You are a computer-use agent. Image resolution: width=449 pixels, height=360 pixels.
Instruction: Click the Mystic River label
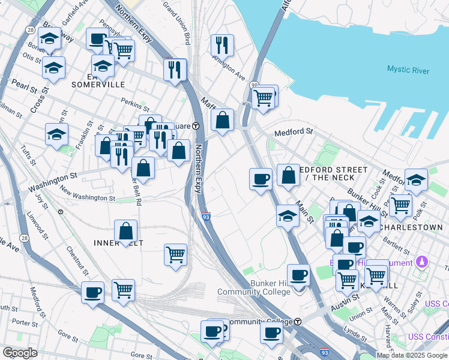(408, 70)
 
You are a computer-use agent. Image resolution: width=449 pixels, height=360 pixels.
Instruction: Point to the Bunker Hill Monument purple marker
(423, 262)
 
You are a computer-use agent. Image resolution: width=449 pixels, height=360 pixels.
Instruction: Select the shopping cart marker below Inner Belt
(175, 254)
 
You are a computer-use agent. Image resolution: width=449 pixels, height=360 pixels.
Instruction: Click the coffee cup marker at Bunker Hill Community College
(298, 275)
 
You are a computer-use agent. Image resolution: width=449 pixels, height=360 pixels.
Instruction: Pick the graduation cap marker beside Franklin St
(56, 134)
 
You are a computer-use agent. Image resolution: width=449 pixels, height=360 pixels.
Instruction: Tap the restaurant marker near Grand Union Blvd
(222, 44)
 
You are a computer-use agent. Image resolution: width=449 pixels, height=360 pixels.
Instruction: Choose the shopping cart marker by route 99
(262, 98)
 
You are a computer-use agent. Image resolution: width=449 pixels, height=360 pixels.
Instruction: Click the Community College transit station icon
(297, 322)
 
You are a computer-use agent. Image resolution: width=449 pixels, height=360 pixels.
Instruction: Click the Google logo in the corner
(20, 352)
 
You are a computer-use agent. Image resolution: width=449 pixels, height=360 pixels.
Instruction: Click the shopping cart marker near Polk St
(400, 205)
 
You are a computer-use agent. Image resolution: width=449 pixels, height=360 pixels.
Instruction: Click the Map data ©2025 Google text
(412, 355)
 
